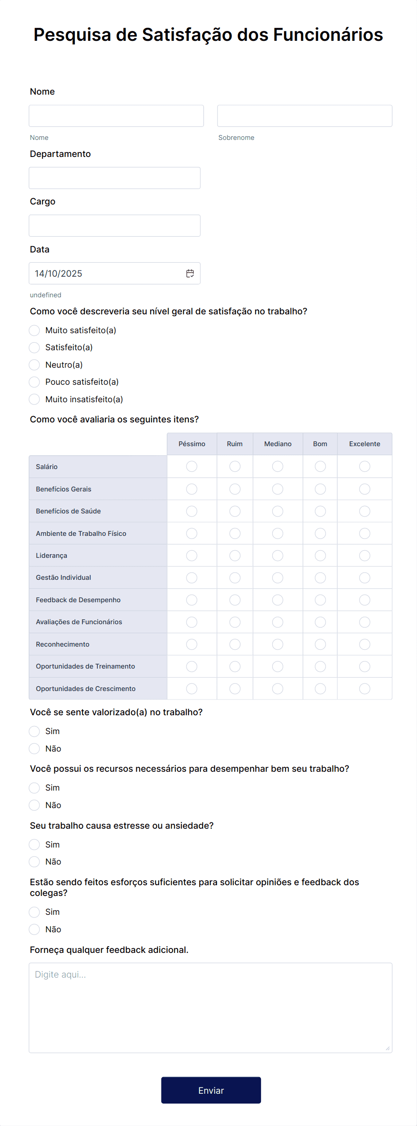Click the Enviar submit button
tap(211, 1090)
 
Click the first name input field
tap(116, 116)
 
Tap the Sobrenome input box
tap(304, 116)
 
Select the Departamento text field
tap(114, 178)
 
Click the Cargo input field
tap(114, 226)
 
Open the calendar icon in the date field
tap(190, 274)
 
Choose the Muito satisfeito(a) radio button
tap(35, 330)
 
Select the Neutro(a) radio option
tap(35, 365)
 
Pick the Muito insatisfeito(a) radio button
tap(35, 400)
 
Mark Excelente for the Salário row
tap(365, 466)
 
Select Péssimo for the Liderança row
tap(191, 556)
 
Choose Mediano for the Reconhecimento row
tap(278, 644)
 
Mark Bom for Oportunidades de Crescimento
tap(320, 689)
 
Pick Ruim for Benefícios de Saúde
tap(235, 511)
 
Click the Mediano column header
tap(278, 444)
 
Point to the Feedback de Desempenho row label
tap(78, 600)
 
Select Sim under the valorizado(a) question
tap(35, 731)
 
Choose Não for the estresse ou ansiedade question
tap(35, 862)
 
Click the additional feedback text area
tap(210, 1008)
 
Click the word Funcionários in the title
tap(328, 35)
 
